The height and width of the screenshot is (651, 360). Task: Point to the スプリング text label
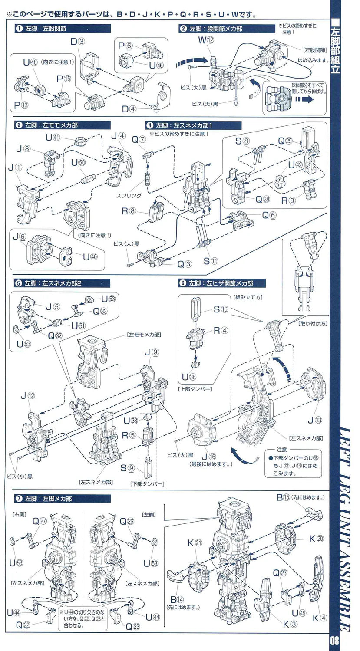pyautogui.click(x=129, y=196)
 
